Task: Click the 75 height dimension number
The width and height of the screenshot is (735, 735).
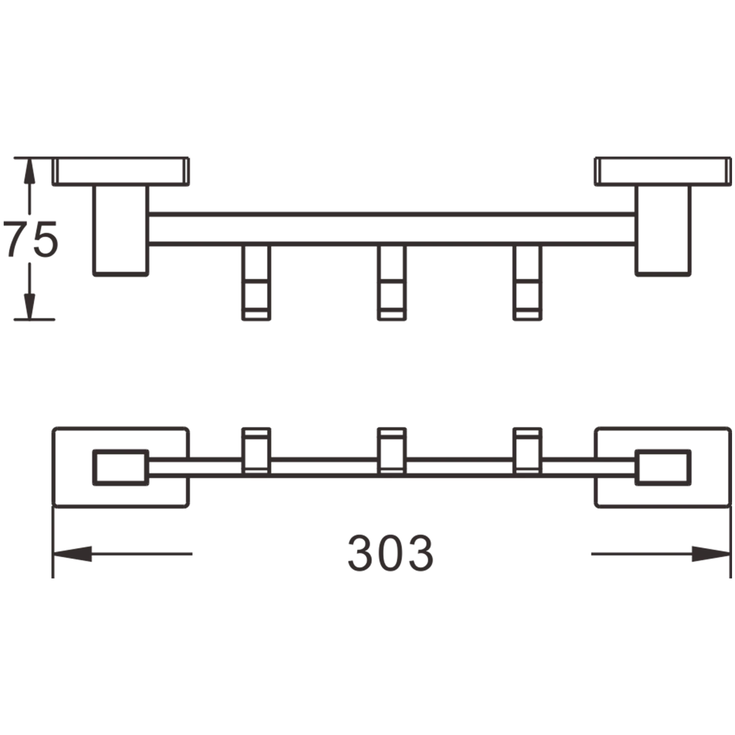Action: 30,239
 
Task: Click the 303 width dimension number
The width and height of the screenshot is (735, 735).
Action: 390,553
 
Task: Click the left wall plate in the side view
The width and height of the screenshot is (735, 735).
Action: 122,170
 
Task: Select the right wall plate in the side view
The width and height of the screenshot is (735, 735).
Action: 662,170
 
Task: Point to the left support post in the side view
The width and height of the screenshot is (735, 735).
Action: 121,230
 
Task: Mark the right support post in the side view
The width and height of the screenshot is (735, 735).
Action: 662,230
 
